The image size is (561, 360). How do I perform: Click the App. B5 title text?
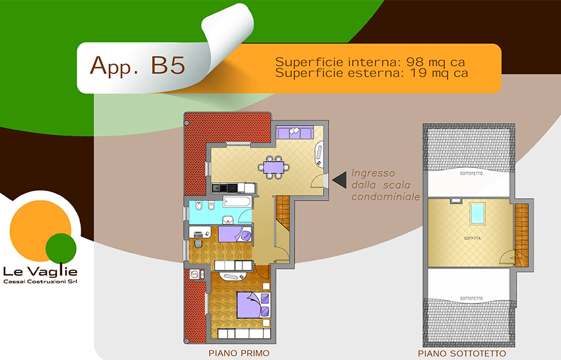tap(138, 65)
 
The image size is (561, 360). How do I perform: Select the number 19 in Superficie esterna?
tap(417, 73)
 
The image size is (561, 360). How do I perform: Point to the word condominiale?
tap(385, 197)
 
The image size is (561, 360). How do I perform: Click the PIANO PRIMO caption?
tap(239, 353)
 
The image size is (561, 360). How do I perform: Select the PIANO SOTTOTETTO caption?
tap(462, 354)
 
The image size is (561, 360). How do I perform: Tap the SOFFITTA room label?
tap(472, 238)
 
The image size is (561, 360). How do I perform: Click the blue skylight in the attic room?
tap(477, 214)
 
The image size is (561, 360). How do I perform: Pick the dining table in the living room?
tap(274, 167)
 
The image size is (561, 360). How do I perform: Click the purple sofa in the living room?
tap(295, 132)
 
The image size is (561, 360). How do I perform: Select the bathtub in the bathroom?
tap(237, 201)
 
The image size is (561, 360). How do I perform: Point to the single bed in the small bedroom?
tap(235, 234)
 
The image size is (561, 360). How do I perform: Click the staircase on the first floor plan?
tap(282, 214)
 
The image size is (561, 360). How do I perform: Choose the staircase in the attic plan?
tap(521, 234)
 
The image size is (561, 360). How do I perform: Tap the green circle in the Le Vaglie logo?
tap(61, 249)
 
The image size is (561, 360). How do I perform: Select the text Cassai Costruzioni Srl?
tap(40, 282)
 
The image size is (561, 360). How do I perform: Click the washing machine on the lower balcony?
tap(194, 274)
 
